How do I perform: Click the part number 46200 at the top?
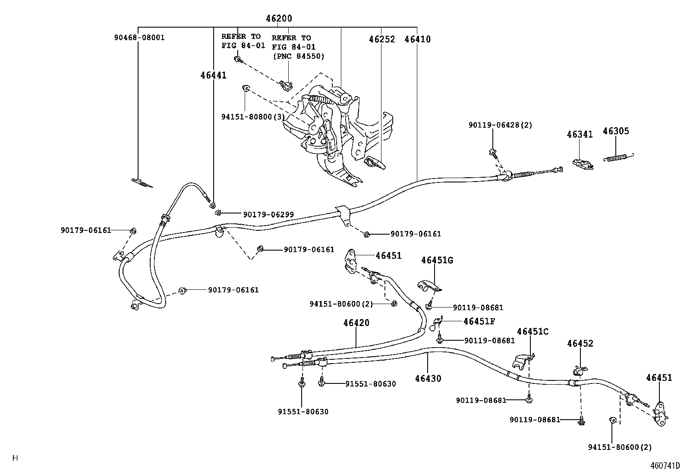pyautogui.click(x=279, y=19)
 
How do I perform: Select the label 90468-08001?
pyautogui.click(x=139, y=38)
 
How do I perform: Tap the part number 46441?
pyautogui.click(x=213, y=75)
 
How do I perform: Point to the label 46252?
pyautogui.click(x=381, y=39)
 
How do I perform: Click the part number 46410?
pyautogui.click(x=417, y=39)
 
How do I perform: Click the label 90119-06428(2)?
pyautogui.click(x=500, y=125)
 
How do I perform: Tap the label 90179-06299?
pyautogui.click(x=268, y=214)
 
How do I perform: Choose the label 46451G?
pyautogui.click(x=437, y=260)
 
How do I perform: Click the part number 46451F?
pyautogui.click(x=479, y=321)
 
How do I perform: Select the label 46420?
pyautogui.click(x=356, y=323)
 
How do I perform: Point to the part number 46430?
pyautogui.click(x=428, y=379)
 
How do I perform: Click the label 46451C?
pyautogui.click(x=533, y=331)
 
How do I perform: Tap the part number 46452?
pyautogui.click(x=580, y=343)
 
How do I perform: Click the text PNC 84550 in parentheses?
pyautogui.click(x=298, y=56)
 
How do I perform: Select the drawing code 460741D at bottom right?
pyautogui.click(x=665, y=466)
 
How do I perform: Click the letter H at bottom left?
pyautogui.click(x=16, y=458)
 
